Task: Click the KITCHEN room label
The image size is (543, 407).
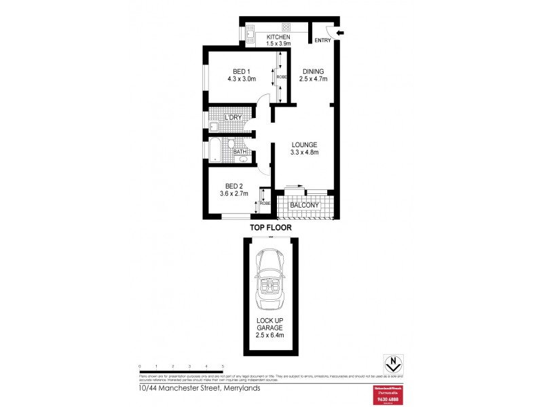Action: [x=278, y=37]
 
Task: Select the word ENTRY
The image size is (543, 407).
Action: [x=323, y=41]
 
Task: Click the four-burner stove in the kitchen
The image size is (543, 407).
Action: [x=286, y=28]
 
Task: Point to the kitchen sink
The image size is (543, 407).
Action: [x=248, y=32]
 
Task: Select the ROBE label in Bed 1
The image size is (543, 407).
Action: [x=281, y=77]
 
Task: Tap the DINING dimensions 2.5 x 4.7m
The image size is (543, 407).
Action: [x=314, y=79]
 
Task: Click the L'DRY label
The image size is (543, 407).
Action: [x=233, y=118]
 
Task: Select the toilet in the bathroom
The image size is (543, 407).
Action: [x=230, y=144]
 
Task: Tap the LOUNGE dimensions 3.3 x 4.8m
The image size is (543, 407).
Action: [x=305, y=153]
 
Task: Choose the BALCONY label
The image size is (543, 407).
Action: [x=304, y=205]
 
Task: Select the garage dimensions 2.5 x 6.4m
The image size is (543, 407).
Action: [x=270, y=334]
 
